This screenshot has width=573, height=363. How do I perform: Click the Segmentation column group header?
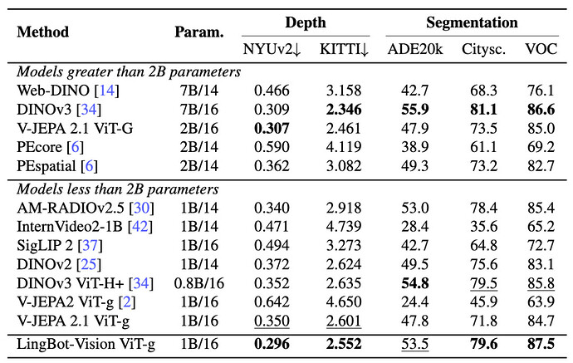coord(472,22)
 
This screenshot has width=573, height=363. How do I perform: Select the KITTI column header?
coord(344,49)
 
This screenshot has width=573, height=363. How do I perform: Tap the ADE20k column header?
coord(414,49)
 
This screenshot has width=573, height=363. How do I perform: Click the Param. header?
coord(199,32)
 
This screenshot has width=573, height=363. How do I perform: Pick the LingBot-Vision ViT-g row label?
coord(86,345)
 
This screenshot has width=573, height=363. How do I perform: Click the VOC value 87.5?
coord(541,344)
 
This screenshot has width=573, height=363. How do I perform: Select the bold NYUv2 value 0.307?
coord(272,128)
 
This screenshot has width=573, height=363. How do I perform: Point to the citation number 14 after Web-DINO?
coord(107,91)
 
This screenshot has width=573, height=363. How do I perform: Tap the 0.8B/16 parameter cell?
coord(199,283)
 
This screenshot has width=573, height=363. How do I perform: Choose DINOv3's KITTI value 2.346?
coord(344,110)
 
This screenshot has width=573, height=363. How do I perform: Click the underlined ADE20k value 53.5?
coord(414,344)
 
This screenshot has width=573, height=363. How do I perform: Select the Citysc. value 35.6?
coord(483,226)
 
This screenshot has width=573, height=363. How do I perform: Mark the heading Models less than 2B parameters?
coord(118,189)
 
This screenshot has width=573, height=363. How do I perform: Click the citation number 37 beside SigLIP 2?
coord(91,245)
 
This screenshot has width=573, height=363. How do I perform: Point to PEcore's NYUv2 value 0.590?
coord(272,147)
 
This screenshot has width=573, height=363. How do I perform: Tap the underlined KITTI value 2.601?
coord(344,321)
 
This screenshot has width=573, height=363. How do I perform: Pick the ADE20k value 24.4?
coord(414,302)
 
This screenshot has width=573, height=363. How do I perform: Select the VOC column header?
coord(541,49)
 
